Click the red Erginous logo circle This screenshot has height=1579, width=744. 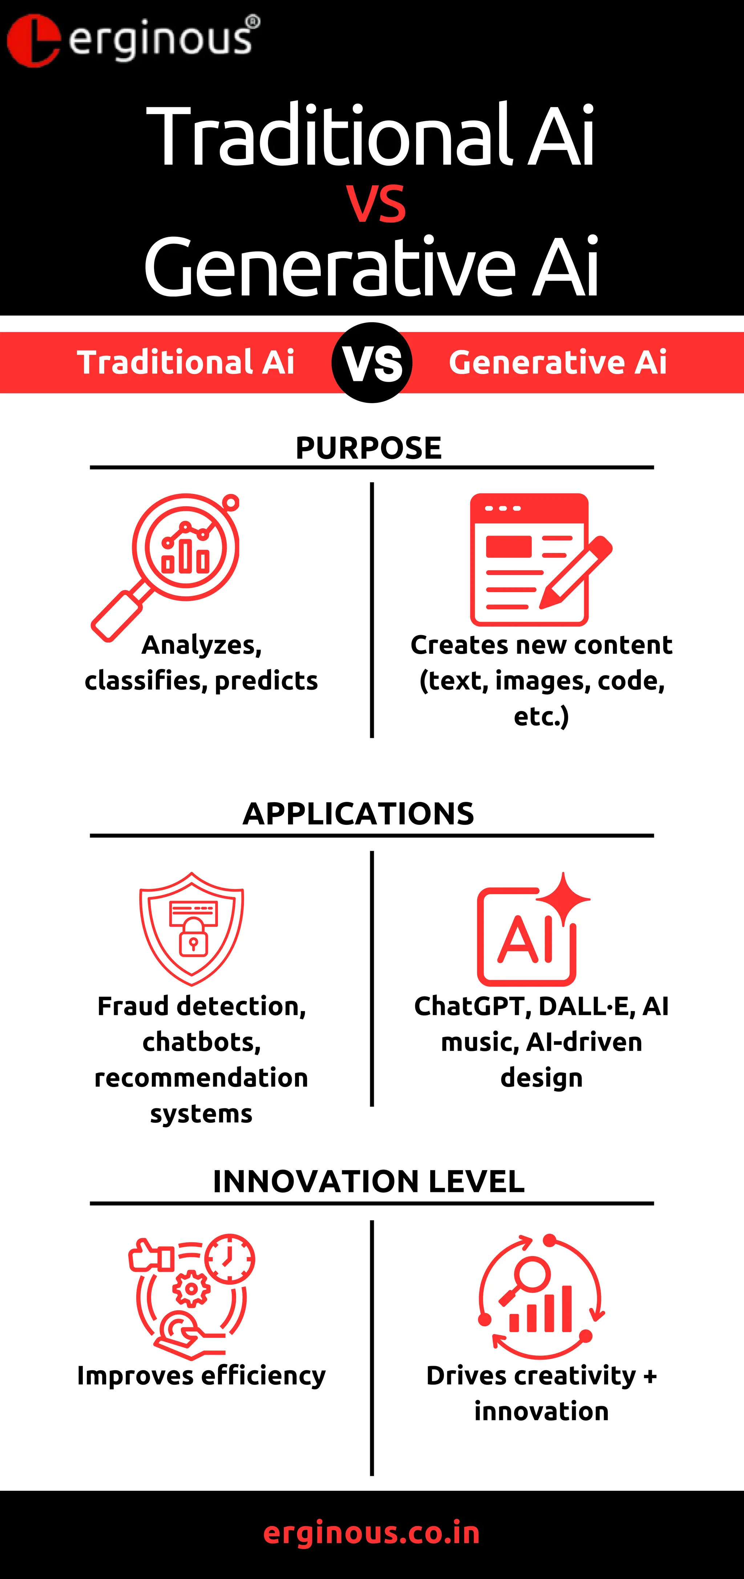(34, 40)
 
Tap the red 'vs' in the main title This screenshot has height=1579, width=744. (375, 203)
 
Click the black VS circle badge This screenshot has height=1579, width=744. (372, 362)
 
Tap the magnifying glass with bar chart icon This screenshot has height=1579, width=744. (169, 564)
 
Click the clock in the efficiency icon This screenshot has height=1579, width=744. (229, 1258)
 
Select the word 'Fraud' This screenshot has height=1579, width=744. (132, 1007)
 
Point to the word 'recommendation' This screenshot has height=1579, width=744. (201, 1077)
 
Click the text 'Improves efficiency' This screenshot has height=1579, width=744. (201, 1376)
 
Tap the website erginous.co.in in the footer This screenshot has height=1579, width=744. (372, 1533)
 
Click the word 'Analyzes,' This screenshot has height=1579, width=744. (202, 645)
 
